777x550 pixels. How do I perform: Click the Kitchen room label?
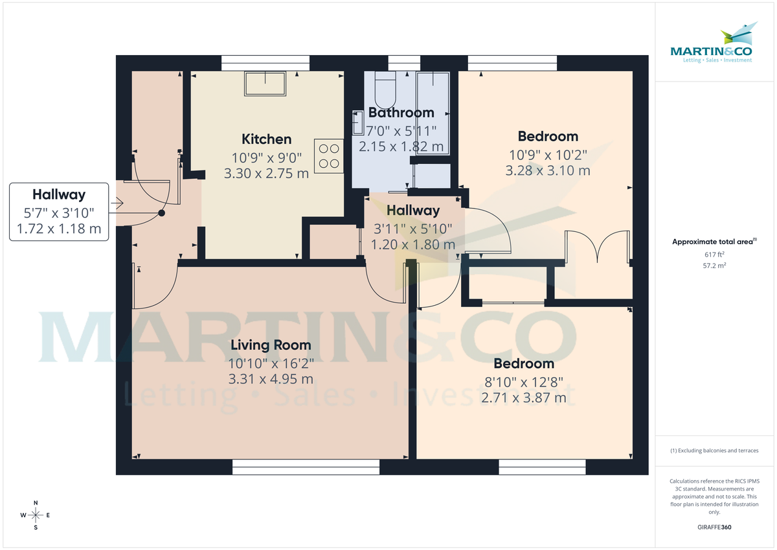266,139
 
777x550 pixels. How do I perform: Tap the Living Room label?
270,345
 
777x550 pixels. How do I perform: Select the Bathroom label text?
401,113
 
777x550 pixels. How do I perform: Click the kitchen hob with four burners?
329,155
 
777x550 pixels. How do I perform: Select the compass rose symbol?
36,515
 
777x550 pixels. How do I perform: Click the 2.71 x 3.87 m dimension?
523,397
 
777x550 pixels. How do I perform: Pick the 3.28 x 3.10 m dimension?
547,171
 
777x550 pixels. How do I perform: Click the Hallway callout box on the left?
58,212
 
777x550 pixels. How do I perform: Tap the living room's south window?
306,468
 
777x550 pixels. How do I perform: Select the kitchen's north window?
265,63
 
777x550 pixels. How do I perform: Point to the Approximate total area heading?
714,242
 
